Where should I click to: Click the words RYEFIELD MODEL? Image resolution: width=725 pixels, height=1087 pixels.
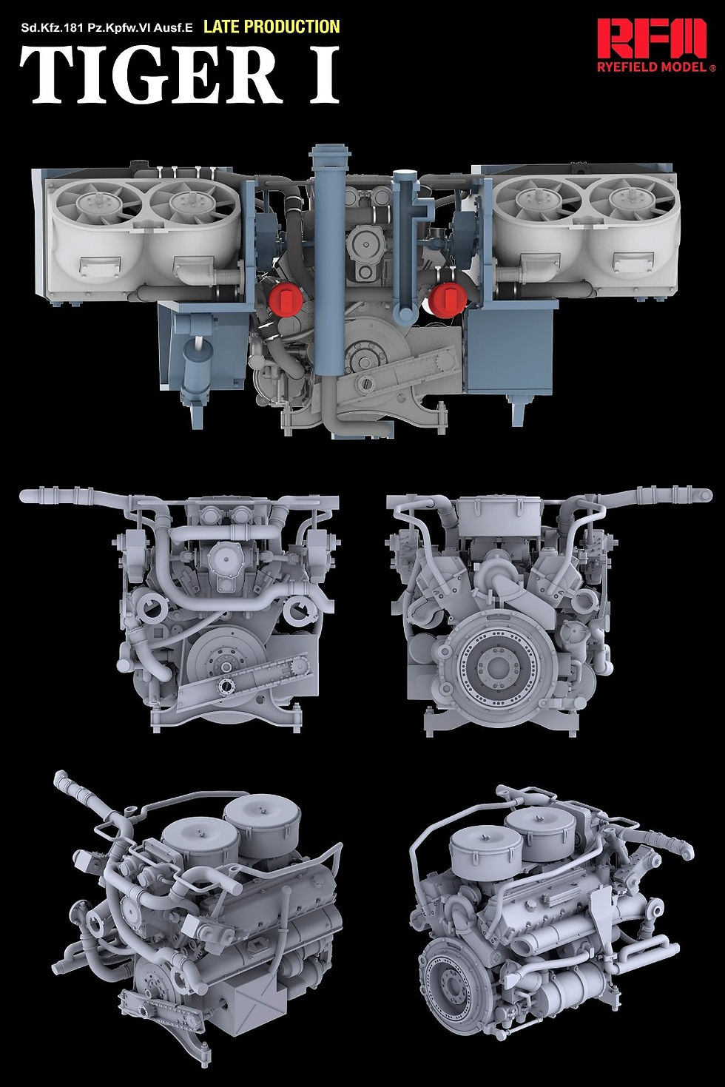click(652, 67)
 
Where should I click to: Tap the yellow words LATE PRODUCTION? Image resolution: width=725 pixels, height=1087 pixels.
click(272, 27)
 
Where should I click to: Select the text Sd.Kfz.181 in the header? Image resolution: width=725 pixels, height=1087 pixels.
click(47, 27)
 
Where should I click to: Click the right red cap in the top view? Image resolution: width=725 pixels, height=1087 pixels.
click(449, 299)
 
